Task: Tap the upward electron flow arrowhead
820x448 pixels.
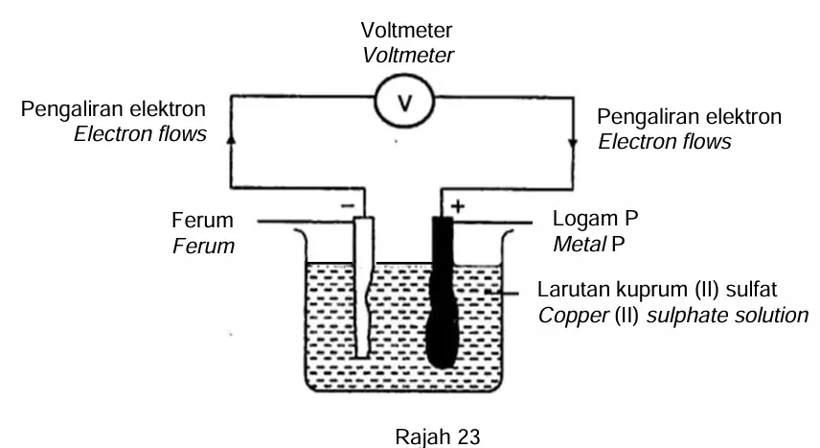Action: [231, 138]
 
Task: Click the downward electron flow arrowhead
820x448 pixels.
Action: [573, 144]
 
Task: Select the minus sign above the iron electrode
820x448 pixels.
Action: [348, 206]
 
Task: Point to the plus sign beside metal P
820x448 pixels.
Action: [458, 206]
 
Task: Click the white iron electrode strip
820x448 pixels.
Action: [363, 287]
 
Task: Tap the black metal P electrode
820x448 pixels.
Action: [443, 292]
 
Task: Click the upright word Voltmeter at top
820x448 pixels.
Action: [406, 31]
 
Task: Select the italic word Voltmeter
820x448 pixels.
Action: [408, 56]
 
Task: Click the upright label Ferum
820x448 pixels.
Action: [202, 221]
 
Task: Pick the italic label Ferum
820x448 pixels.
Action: [203, 247]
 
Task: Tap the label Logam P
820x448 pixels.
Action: [596, 219]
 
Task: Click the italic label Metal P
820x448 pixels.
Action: [589, 245]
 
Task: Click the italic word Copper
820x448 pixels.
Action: [574, 316]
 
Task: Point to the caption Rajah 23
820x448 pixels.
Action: [437, 436]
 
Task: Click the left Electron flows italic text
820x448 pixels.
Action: [140, 134]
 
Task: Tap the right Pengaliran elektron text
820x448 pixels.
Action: [690, 117]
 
